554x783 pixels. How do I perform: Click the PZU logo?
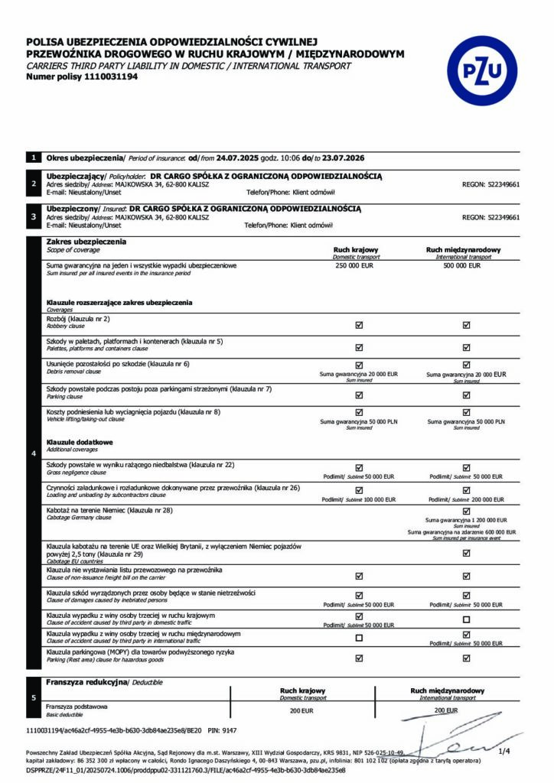(482, 71)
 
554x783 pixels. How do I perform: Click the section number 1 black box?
(34, 158)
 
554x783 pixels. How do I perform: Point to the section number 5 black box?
(34, 697)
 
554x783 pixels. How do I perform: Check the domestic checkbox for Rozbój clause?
(359, 325)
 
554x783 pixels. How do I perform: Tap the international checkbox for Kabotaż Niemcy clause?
(466, 511)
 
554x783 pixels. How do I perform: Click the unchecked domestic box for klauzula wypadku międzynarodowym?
(359, 638)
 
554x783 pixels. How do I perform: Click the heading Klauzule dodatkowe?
(80, 442)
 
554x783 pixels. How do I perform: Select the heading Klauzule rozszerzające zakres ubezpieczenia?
(119, 303)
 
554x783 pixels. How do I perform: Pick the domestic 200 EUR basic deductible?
(303, 710)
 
